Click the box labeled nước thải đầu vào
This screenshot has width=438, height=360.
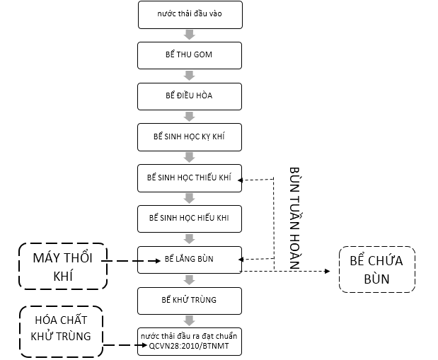(x=189, y=14)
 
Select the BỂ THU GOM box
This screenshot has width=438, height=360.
(x=189, y=55)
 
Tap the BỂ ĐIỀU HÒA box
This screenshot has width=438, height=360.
(x=189, y=96)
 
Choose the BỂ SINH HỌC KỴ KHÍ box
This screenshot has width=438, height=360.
(x=189, y=137)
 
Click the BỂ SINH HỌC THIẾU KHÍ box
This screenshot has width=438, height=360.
(x=189, y=178)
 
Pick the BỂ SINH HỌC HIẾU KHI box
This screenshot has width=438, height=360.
(x=189, y=218)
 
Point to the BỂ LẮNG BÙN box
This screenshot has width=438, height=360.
(x=189, y=259)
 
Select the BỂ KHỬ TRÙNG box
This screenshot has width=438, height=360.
(x=189, y=300)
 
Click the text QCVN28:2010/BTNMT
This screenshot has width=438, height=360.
(x=189, y=347)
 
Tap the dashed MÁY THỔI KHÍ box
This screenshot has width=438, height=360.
(x=63, y=267)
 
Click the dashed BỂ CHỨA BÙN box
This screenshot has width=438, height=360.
(x=376, y=269)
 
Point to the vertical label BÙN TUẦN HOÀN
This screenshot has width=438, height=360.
(x=295, y=217)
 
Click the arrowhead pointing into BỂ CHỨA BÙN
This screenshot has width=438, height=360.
(x=328, y=271)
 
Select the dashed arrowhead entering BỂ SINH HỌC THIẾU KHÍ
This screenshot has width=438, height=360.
(x=241, y=180)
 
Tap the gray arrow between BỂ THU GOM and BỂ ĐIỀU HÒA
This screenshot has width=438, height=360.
(x=189, y=76)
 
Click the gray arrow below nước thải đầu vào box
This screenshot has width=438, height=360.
(x=189, y=35)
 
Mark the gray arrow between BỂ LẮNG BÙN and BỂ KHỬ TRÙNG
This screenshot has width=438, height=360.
(x=189, y=279)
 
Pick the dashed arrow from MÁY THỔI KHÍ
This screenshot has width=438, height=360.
(x=134, y=261)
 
